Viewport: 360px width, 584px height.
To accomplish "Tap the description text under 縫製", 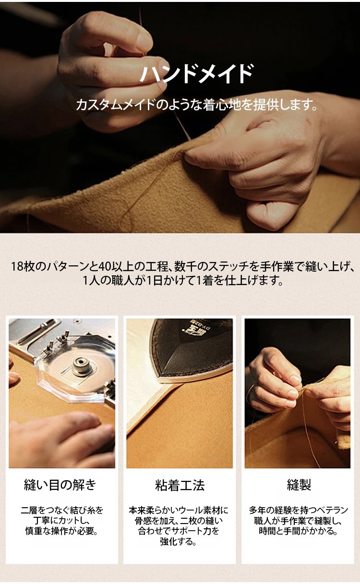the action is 299,520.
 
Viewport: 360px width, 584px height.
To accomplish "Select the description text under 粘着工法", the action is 179,526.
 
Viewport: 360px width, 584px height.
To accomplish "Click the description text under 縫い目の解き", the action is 61,520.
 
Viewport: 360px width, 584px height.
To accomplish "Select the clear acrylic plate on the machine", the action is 76,375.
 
